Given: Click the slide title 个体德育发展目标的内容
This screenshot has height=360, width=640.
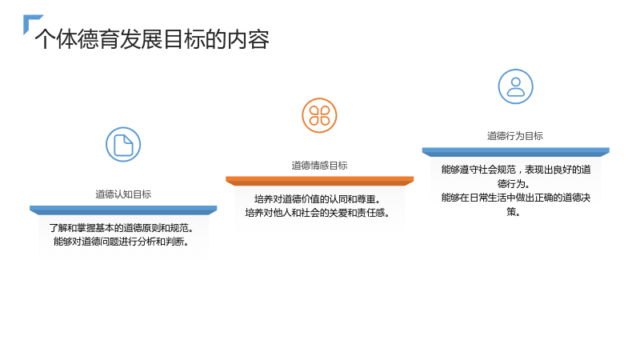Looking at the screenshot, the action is click(x=152, y=39).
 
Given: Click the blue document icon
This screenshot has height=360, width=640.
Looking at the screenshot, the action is click(x=123, y=145).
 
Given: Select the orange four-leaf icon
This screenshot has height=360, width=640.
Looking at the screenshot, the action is click(x=319, y=115).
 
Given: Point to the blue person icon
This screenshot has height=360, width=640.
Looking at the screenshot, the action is click(x=515, y=86).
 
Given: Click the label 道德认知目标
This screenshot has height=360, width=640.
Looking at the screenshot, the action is click(x=123, y=194).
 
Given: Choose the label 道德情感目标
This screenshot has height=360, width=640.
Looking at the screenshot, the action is click(x=319, y=166).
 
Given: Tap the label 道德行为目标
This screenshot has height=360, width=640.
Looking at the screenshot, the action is click(x=515, y=136).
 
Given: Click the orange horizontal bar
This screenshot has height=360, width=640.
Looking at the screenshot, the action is click(x=319, y=181).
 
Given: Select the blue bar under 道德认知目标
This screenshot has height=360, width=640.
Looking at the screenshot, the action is click(x=123, y=210).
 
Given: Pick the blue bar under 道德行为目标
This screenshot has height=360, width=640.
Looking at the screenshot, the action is click(x=515, y=152).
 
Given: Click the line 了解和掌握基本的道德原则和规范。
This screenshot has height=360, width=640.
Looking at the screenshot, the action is click(x=122, y=228).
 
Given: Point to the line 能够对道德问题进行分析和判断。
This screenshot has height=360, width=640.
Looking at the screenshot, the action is click(x=122, y=242).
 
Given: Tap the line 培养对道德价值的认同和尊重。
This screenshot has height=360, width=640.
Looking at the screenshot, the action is click(x=318, y=199).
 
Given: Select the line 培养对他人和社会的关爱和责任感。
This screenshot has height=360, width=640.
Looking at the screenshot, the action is click(x=317, y=213).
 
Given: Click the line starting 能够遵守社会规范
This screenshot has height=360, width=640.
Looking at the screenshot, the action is click(x=516, y=170).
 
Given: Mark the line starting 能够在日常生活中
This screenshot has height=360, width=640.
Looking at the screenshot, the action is click(x=516, y=198).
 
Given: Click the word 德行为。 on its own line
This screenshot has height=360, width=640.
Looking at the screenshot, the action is click(x=514, y=184).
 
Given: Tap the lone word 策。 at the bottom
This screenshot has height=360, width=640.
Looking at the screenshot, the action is click(x=513, y=212).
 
